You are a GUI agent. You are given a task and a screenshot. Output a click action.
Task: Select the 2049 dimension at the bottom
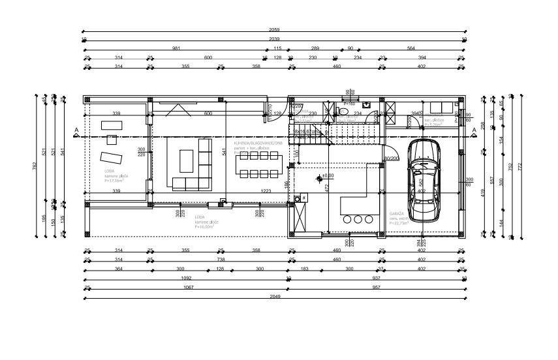click(x=274, y=295)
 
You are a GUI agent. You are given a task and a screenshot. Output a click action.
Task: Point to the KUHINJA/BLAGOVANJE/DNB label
click(x=258, y=142)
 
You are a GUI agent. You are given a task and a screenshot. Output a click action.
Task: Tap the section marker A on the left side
click(x=76, y=131)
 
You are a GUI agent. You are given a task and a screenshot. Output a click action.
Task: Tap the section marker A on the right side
click(x=474, y=130)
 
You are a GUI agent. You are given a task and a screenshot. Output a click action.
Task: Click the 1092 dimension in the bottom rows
click(x=186, y=277)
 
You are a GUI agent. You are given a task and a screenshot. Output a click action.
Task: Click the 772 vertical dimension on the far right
click(x=520, y=166)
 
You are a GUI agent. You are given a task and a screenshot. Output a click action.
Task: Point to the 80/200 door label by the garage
click(x=392, y=158)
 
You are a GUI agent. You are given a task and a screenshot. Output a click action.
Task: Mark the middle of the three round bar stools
click(x=358, y=220)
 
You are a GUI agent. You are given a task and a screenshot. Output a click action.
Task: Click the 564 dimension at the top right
click(x=411, y=48)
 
